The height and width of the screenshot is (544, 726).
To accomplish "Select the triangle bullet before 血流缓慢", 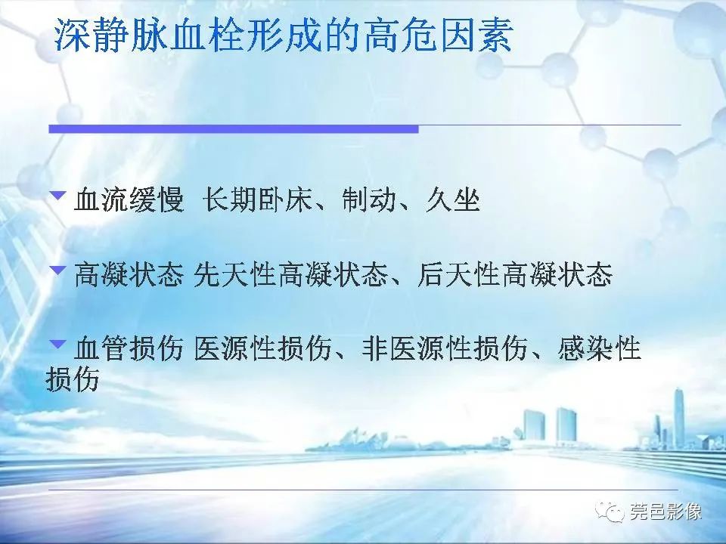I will pyautogui.click(x=57, y=196).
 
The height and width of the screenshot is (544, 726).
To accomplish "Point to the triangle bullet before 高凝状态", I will pyautogui.click(x=57, y=270).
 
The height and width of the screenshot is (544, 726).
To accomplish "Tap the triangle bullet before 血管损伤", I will pyautogui.click(x=57, y=344).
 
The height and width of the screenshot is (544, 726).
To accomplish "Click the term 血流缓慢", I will pyautogui.click(x=129, y=201).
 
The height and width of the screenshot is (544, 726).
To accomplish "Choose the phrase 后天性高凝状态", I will pyautogui.click(x=514, y=275).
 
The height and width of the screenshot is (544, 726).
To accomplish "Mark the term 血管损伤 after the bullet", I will pyautogui.click(x=129, y=349).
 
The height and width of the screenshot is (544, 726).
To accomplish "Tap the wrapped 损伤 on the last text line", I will pyautogui.click(x=73, y=380).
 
